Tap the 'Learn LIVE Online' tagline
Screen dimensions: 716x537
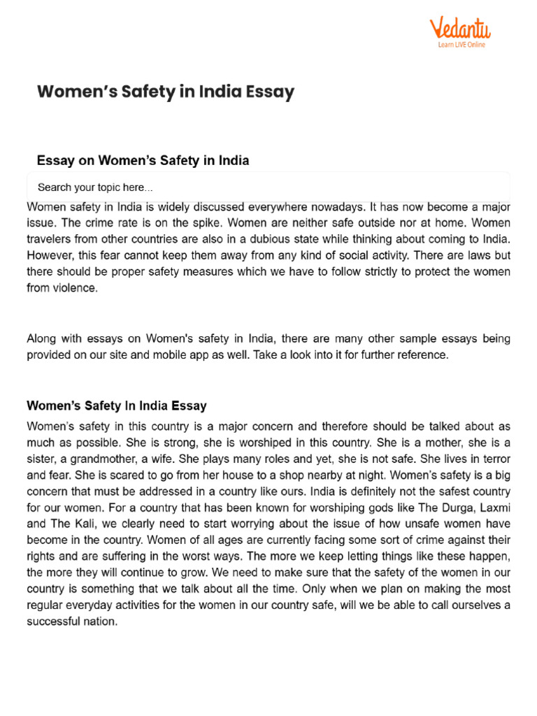point(461,45)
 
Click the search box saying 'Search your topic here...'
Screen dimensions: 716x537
point(268,187)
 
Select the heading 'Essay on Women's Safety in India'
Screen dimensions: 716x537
point(143,160)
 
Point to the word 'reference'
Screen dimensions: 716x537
point(419,355)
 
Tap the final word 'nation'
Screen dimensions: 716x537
point(101,620)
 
